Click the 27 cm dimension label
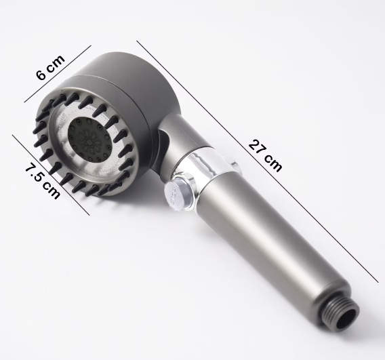(265, 156)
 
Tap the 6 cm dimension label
(51, 67)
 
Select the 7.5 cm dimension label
(42, 181)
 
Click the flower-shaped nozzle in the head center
(89, 142)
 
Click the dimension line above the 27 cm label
(258, 161)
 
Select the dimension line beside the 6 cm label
(58, 74)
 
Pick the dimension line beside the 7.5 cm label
(51, 175)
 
